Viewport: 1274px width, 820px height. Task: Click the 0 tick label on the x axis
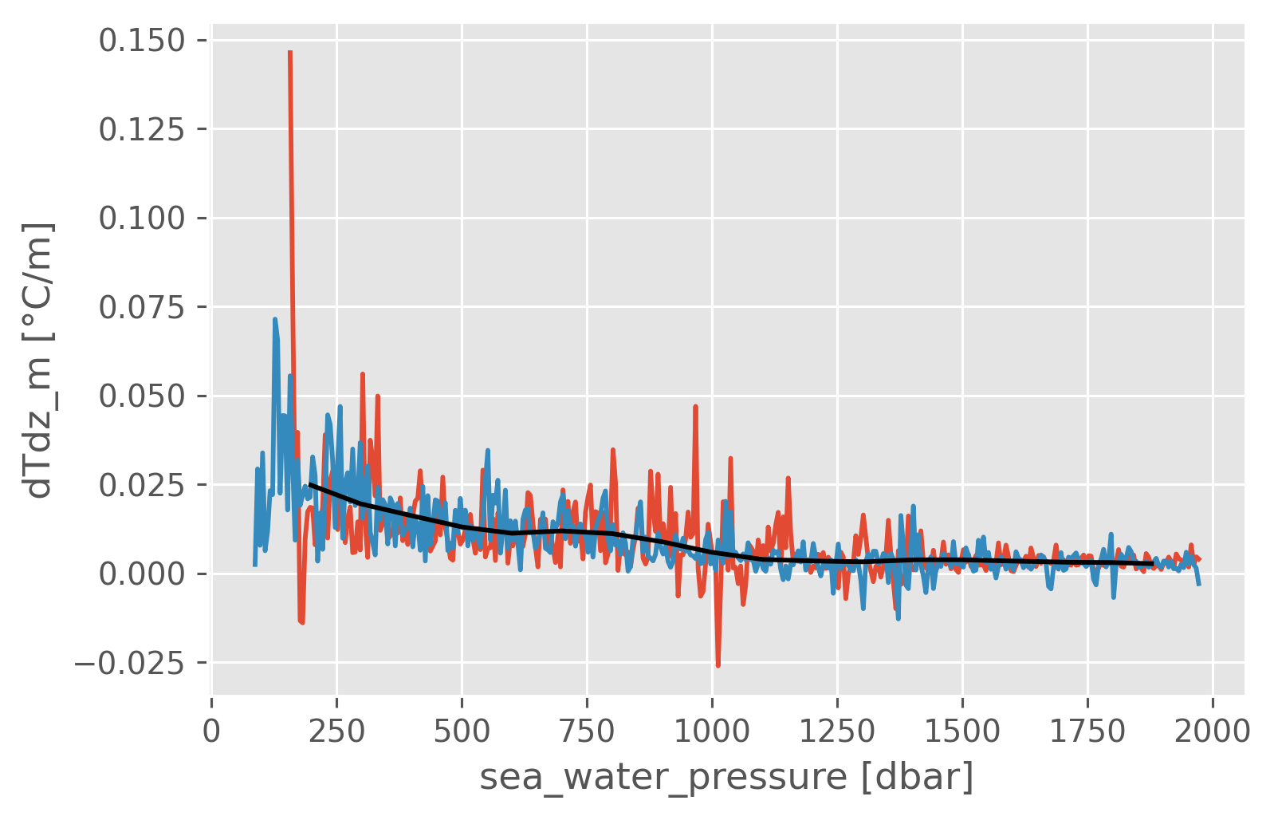click(211, 729)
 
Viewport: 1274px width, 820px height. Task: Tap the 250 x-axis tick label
click(336, 729)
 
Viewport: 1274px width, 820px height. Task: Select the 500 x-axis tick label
click(462, 729)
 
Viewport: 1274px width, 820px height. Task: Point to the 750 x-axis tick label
click(587, 729)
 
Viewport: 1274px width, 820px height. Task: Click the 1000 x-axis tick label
click(712, 729)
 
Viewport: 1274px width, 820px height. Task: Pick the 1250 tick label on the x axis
click(837, 729)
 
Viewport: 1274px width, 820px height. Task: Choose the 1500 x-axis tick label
click(962, 729)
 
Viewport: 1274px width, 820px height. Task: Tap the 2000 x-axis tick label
click(1213, 729)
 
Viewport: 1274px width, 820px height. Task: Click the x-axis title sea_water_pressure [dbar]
click(726, 778)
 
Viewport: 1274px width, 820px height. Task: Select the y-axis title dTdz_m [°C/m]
click(38, 360)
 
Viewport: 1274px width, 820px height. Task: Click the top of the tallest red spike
click(290, 53)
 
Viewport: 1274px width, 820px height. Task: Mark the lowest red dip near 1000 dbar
click(718, 665)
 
